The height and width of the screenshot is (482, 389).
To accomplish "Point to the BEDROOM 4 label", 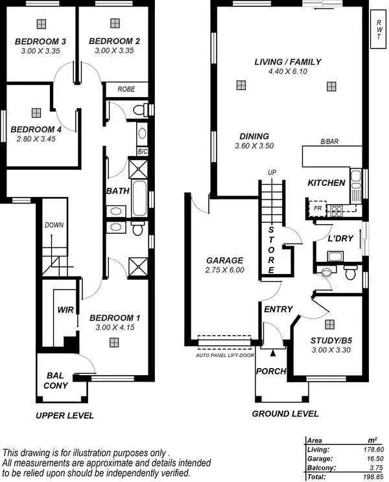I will (36, 128).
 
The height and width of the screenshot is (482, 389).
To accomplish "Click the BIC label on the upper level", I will (142, 151).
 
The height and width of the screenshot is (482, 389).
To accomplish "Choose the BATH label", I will (117, 191).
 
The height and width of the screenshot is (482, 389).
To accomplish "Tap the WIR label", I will (64, 310).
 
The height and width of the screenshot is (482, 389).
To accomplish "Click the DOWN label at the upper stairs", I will (54, 225).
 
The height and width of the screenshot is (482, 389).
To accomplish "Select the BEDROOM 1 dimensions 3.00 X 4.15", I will (114, 328).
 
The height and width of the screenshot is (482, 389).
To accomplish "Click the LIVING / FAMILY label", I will (288, 62).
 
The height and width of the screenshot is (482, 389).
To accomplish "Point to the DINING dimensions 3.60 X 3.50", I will (254, 146).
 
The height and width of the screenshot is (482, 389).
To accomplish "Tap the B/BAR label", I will (329, 142).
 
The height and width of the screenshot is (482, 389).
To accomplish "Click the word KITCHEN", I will (326, 183).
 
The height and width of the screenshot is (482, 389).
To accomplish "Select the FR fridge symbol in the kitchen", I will (318, 209).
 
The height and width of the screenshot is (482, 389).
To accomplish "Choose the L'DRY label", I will (340, 238).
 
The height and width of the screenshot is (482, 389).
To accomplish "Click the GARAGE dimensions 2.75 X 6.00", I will (224, 270).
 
